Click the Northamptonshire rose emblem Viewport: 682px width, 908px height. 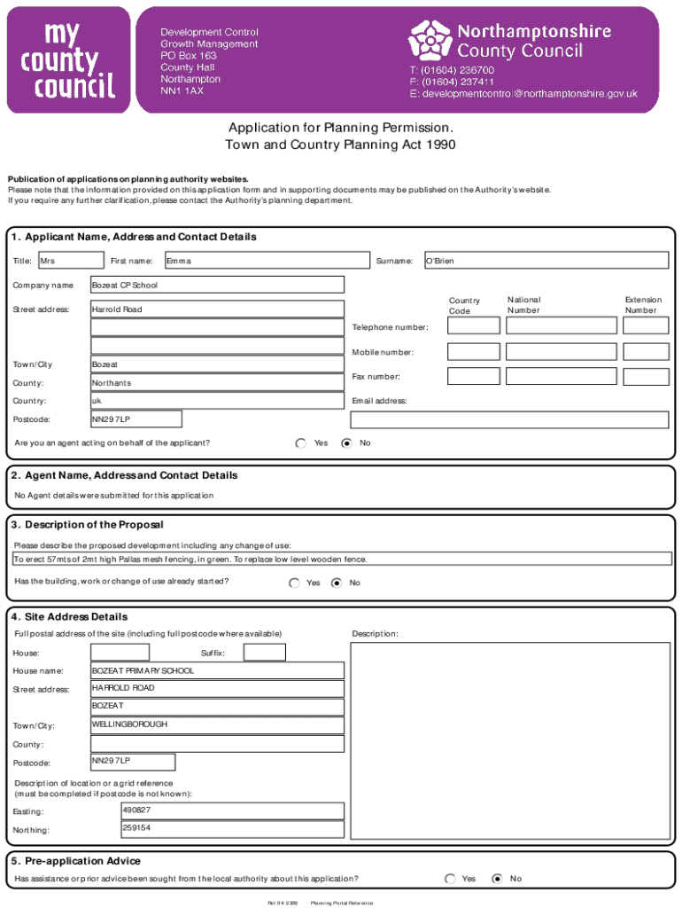click(x=430, y=40)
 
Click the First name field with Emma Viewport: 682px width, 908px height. click(x=266, y=260)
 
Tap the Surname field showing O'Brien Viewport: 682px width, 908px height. click(x=546, y=260)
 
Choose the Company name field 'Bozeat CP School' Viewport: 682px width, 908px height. click(x=217, y=285)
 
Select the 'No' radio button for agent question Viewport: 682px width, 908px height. click(x=346, y=442)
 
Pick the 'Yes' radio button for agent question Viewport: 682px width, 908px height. click(x=301, y=442)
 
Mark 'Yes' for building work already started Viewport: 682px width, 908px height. click(x=294, y=583)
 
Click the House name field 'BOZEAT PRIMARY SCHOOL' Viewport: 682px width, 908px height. click(x=217, y=671)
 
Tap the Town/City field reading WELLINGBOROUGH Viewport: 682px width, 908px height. click(x=217, y=725)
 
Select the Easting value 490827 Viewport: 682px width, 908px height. click(x=232, y=810)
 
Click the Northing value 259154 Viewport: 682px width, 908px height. click(x=232, y=829)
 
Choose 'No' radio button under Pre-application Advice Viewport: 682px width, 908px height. click(x=497, y=879)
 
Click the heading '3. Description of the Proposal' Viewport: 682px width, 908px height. click(x=88, y=525)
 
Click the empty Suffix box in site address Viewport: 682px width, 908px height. click(x=264, y=653)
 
